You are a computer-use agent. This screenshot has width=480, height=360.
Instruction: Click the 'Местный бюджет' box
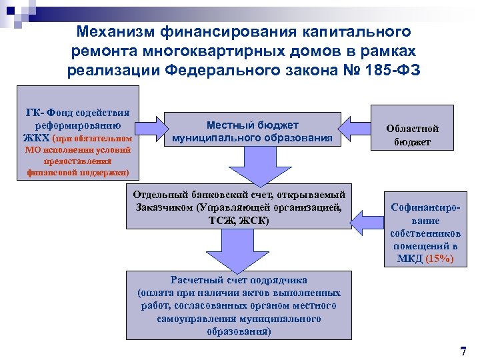[x=252, y=131]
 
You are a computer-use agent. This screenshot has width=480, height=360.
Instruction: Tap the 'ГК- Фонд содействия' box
[x=77, y=133]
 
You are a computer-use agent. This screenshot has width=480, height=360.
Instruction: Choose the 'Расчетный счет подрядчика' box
[x=238, y=305]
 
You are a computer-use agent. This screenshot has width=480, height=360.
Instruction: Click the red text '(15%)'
[x=439, y=259]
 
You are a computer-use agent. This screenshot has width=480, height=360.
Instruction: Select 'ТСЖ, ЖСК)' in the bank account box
[x=238, y=219]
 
